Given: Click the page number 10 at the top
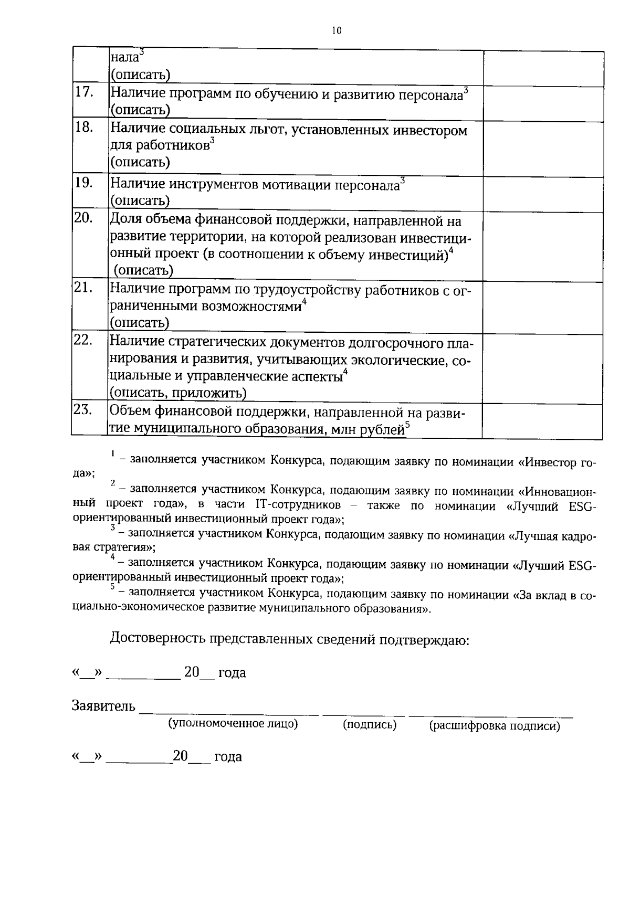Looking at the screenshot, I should (x=337, y=30).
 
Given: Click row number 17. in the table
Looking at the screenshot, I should (x=84, y=92).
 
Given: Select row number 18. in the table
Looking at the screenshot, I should (x=84, y=128).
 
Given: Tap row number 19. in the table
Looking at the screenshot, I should (x=84, y=183).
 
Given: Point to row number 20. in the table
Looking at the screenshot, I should (x=84, y=218).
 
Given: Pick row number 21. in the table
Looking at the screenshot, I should (x=84, y=288).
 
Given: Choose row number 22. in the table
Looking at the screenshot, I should (x=84, y=340).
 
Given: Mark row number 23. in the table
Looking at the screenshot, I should (x=84, y=410).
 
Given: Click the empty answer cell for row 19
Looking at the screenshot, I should (x=542, y=194).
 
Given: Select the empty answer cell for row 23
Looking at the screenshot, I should (x=542, y=421).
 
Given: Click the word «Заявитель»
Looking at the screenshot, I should (x=103, y=706).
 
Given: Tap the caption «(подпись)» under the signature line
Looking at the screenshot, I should (x=370, y=725).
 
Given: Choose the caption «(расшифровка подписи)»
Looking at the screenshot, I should (x=495, y=726).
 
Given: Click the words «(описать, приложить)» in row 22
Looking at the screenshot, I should (x=177, y=393).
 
